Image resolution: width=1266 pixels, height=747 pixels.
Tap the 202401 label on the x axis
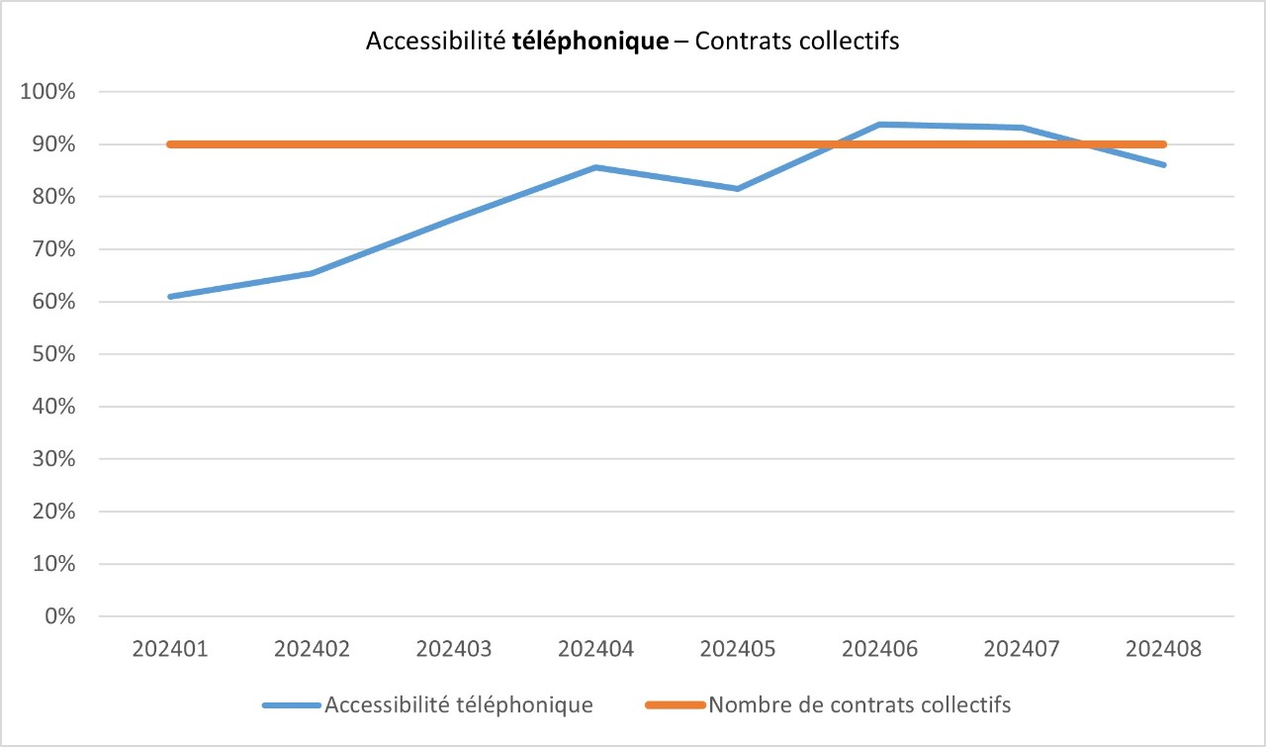(169, 649)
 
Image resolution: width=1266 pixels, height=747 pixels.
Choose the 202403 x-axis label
(454, 649)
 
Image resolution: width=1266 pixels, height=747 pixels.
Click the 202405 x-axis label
(738, 649)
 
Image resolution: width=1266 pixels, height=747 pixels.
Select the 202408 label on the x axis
(1164, 649)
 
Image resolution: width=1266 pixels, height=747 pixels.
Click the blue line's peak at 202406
(879, 125)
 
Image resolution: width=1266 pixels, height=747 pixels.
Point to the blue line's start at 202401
(170, 296)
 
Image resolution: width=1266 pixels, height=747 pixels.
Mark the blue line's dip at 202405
(738, 188)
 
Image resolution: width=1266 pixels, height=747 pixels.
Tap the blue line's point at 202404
(595, 167)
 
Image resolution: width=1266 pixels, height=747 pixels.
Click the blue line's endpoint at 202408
(1164, 164)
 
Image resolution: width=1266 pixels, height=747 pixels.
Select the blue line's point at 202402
(312, 273)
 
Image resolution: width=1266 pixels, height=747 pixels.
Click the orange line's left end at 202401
(170, 144)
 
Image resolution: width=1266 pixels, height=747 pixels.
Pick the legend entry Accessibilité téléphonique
(459, 705)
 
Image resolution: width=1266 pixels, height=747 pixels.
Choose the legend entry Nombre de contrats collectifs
(859, 705)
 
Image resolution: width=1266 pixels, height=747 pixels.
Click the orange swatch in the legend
(675, 705)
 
